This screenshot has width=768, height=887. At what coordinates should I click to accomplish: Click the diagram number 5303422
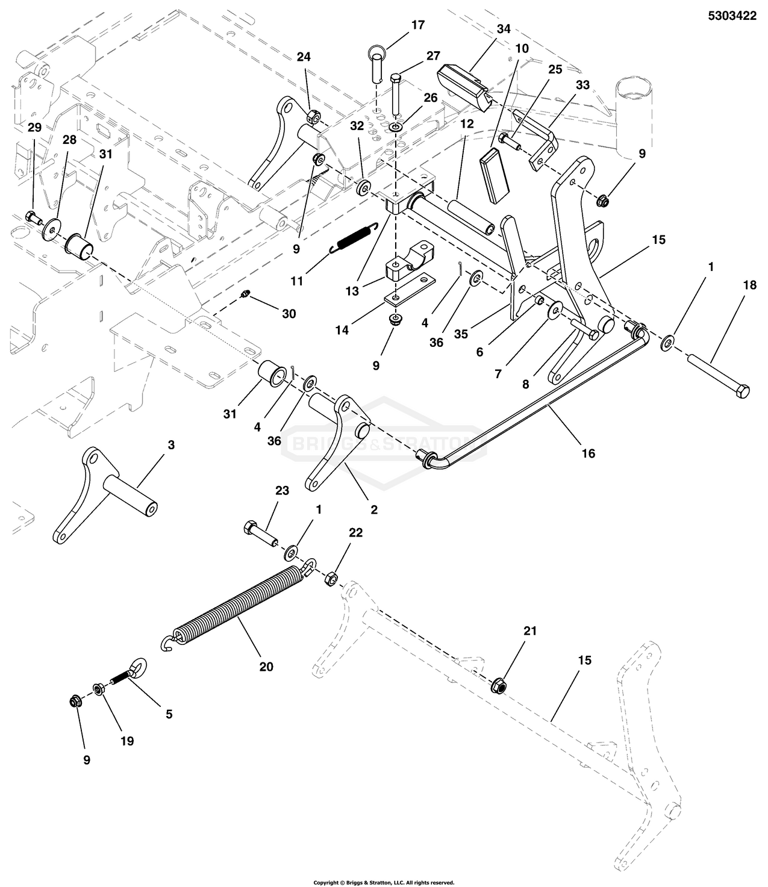[x=731, y=16]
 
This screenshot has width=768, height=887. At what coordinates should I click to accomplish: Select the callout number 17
[x=417, y=25]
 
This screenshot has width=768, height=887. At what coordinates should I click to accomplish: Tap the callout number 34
[x=504, y=28]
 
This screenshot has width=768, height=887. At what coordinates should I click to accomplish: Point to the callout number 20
[x=266, y=667]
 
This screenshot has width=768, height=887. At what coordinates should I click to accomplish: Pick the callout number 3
[x=171, y=445]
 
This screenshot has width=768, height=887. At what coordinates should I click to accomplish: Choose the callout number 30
[x=289, y=314]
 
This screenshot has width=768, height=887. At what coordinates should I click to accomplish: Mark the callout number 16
[x=588, y=453]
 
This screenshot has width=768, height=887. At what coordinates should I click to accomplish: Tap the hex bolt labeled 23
[x=260, y=533]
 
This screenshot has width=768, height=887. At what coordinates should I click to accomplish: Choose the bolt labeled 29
[x=34, y=216]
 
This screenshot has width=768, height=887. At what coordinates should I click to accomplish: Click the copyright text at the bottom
[x=383, y=882]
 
